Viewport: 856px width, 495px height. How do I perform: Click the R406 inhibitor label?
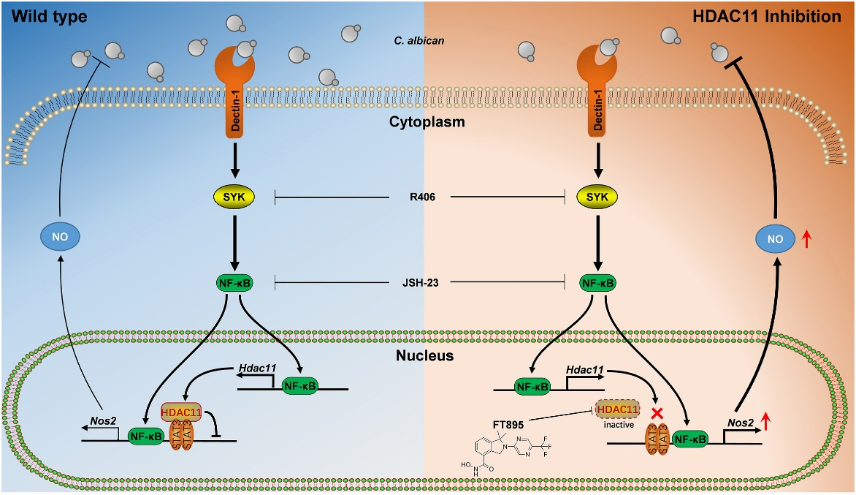[423, 197]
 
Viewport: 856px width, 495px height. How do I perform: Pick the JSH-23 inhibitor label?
[423, 281]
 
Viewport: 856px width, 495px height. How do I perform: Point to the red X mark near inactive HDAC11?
[657, 414]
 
